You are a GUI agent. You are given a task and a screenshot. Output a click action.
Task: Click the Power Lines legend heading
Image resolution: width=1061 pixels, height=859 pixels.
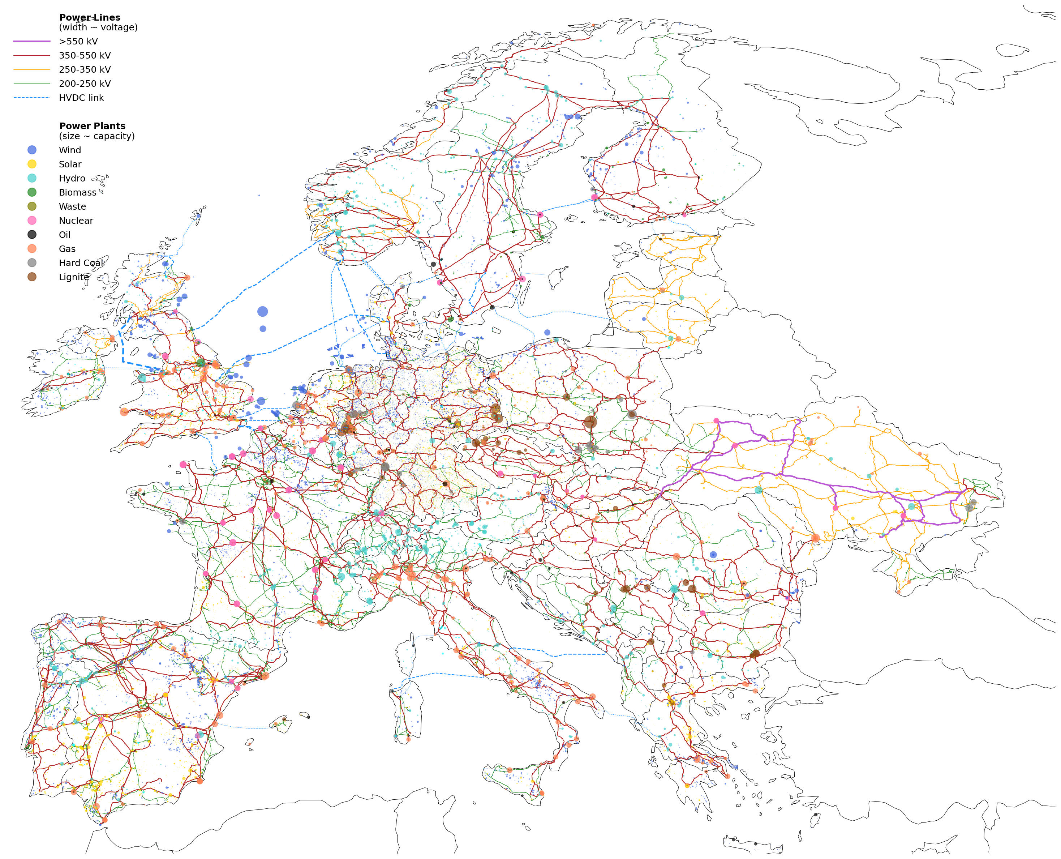coord(90,17)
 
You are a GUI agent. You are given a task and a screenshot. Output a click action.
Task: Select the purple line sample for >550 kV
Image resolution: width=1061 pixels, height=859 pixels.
coord(32,42)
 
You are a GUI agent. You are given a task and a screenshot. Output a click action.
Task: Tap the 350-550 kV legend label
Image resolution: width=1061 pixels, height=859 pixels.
coord(85,55)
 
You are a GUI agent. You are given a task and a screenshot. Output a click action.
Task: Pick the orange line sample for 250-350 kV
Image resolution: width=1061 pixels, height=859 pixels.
coord(32,70)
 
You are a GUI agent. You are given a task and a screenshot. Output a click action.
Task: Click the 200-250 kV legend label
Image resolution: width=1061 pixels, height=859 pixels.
coord(85,84)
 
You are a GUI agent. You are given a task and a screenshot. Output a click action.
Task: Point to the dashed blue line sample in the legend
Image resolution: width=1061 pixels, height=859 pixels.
coord(32,98)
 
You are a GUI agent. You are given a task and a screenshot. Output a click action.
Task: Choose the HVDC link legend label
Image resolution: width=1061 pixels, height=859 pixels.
coord(81,98)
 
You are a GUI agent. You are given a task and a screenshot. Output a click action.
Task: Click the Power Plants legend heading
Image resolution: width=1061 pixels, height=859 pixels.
coord(92,126)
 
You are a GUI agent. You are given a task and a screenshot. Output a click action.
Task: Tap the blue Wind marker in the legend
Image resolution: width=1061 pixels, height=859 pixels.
coord(32,150)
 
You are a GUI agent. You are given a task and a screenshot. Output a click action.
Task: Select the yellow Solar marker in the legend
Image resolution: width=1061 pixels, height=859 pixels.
coord(32,164)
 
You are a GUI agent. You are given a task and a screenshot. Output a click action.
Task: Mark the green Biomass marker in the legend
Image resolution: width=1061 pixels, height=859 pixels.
coord(32,192)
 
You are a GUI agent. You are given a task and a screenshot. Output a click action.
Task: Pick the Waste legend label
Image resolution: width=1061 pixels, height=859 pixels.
coord(72,207)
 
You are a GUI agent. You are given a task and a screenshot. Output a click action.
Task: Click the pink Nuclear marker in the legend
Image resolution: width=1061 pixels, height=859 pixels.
coord(32,221)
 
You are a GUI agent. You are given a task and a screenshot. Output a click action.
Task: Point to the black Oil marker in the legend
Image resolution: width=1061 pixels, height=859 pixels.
coord(32,235)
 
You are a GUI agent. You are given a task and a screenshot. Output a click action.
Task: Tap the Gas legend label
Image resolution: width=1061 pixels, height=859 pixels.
coord(67,249)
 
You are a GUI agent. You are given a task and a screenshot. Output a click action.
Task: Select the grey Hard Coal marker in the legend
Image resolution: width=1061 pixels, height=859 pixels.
coord(32,263)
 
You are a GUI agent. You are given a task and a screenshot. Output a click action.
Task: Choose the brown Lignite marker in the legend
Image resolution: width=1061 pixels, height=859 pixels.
coord(32,277)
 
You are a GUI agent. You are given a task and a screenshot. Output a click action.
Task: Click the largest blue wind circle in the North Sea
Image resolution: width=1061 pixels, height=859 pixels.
coord(263,312)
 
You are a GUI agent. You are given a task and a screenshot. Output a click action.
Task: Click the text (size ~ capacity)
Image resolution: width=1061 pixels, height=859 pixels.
coord(96,136)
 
